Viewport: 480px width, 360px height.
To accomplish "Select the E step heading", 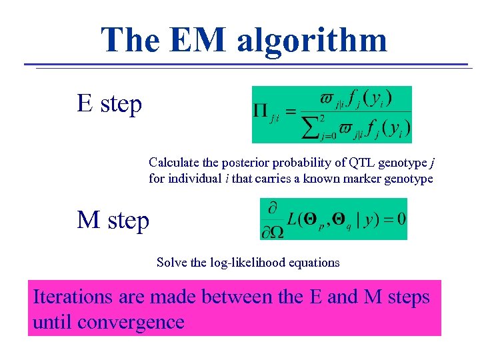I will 109,104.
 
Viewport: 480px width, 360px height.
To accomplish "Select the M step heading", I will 113,219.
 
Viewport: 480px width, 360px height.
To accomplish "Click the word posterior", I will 247,162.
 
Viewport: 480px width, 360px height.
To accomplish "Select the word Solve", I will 171,262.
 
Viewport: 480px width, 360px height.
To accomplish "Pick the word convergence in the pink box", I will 131,323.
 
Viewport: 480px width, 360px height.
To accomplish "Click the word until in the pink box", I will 52,323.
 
